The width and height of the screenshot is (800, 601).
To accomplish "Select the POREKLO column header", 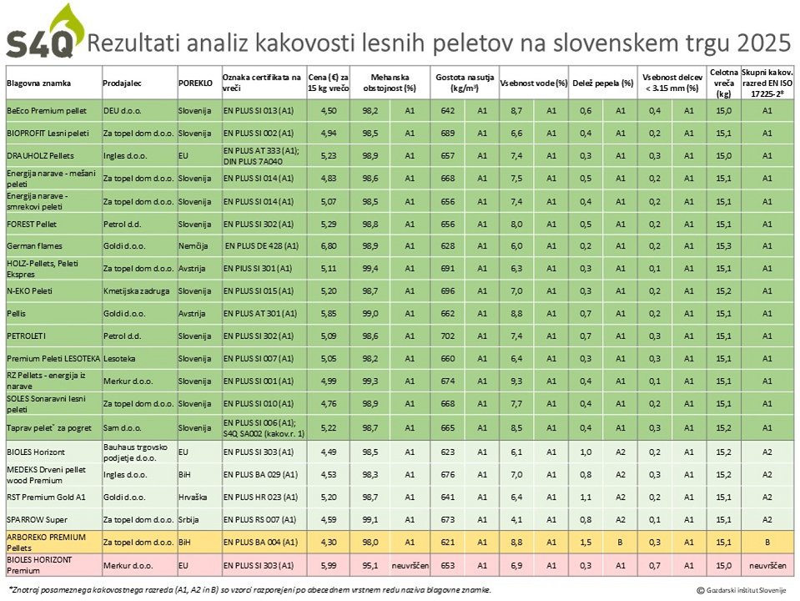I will [x=194, y=83].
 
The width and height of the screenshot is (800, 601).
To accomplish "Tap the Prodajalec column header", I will [x=122, y=83].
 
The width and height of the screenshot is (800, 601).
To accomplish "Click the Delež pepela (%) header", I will [x=601, y=83].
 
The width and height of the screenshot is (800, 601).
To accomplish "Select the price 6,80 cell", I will [x=328, y=246].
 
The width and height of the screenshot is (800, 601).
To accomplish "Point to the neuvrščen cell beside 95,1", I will [x=410, y=566].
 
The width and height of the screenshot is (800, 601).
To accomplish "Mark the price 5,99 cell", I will [x=328, y=566].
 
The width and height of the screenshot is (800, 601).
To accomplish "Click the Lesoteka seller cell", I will [x=119, y=359].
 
